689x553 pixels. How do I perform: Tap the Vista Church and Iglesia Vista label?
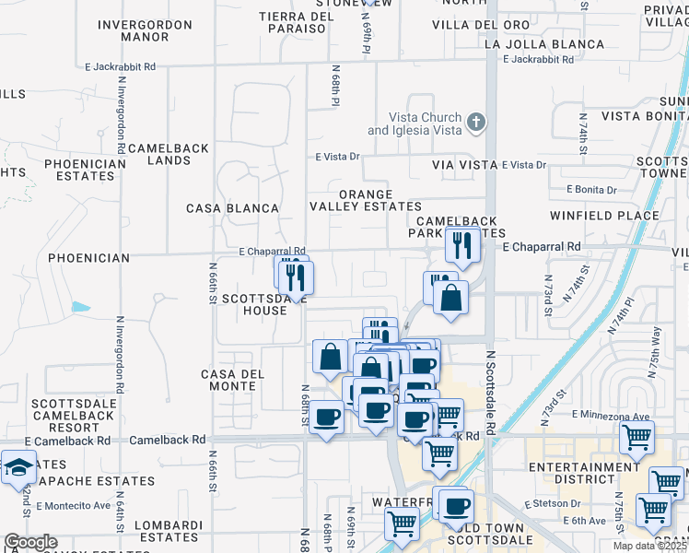pyautogui.click(x=414, y=124)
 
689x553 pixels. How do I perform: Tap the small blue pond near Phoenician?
pyautogui.click(x=80, y=306)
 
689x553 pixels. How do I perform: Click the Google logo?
pyautogui.click(x=30, y=542)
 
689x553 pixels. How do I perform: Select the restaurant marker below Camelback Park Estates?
pyautogui.click(x=461, y=246)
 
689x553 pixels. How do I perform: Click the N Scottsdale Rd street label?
pyautogui.click(x=490, y=392)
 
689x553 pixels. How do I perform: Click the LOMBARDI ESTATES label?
pyautogui.click(x=168, y=531)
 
